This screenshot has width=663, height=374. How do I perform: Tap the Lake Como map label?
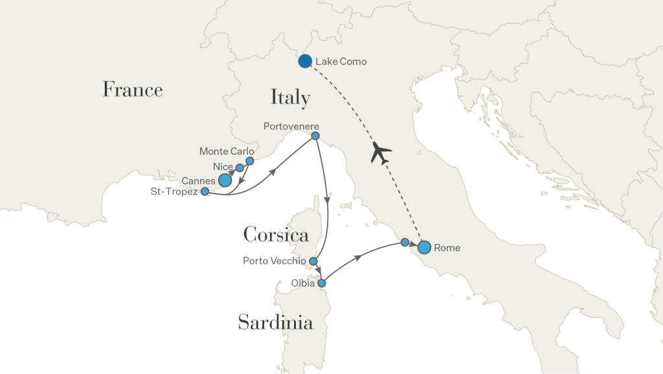pyautogui.click(x=341, y=62)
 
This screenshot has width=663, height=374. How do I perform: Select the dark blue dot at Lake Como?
pyautogui.click(x=305, y=61)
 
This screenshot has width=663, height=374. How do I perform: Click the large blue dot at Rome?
pyautogui.click(x=424, y=247)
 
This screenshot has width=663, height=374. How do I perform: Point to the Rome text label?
pyautogui.click(x=447, y=248)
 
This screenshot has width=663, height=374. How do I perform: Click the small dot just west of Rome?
pyautogui.click(x=405, y=242)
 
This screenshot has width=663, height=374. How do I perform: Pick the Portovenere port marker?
pyautogui.click(x=315, y=136)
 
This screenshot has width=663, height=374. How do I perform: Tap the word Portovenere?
pyautogui.click(x=291, y=126)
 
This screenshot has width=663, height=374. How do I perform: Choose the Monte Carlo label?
pyautogui.click(x=227, y=151)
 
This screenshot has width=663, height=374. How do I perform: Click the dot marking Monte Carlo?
pyautogui.click(x=249, y=160)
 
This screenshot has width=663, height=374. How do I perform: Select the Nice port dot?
pyautogui.click(x=240, y=168)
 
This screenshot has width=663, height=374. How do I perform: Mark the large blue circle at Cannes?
pyautogui.click(x=225, y=180)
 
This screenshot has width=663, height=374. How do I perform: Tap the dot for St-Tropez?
pyautogui.click(x=205, y=192)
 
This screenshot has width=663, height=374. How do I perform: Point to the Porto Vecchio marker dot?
pyautogui.click(x=313, y=261)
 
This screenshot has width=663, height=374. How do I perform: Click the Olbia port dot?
pyautogui.click(x=321, y=283)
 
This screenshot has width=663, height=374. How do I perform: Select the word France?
pyautogui.click(x=133, y=89)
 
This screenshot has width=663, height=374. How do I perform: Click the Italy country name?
pyautogui.click(x=290, y=98)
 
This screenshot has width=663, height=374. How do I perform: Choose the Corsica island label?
pyautogui.click(x=276, y=234)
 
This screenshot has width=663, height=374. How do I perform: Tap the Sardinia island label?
pyautogui.click(x=276, y=322)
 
